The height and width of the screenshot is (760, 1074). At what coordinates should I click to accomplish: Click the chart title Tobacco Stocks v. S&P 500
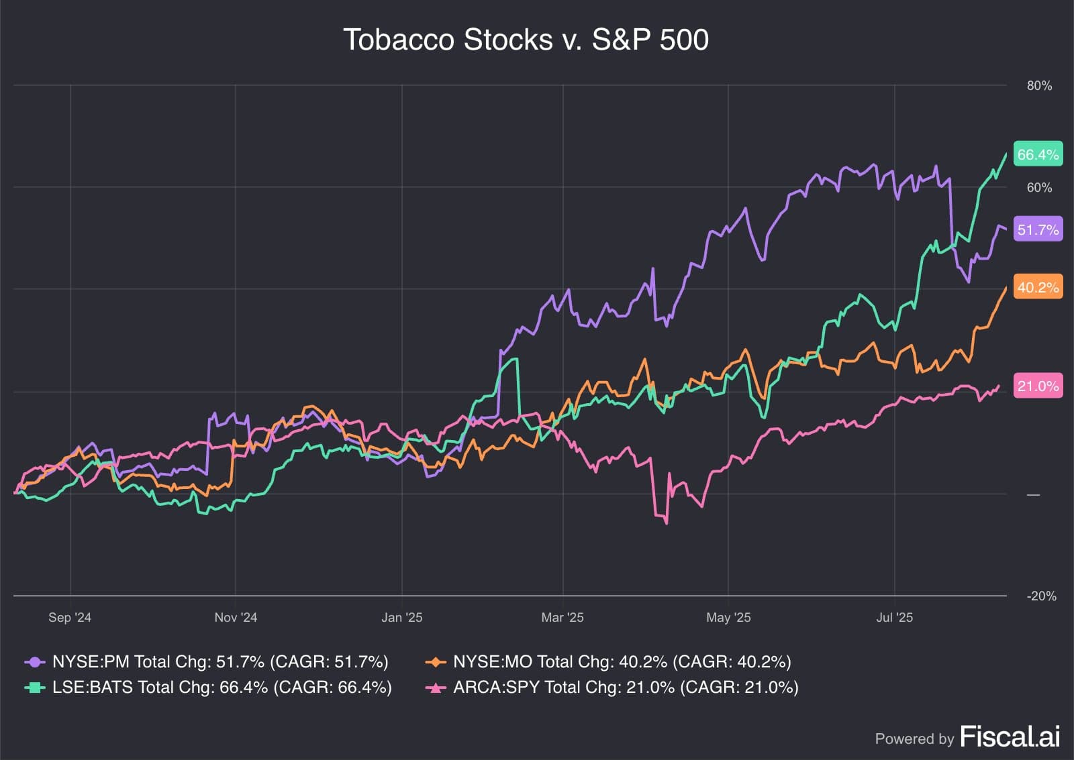pos(526,40)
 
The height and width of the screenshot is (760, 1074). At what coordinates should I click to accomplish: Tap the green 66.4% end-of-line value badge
pos(1038,154)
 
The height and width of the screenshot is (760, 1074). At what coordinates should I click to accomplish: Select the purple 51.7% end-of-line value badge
pos(1038,229)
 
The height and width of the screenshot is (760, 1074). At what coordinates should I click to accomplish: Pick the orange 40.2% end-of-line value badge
pos(1038,287)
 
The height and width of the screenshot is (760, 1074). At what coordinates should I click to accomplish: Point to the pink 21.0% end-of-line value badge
pos(1038,386)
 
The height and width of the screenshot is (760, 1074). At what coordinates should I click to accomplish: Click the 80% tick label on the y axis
pos(1039,86)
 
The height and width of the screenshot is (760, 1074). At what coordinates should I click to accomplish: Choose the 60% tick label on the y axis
pos(1039,188)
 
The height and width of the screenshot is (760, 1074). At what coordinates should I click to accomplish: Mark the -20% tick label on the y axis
pos(1041,596)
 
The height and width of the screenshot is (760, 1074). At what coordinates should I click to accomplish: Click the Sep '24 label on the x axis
pos(70,617)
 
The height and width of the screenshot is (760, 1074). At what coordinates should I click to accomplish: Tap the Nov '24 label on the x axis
pos(236,617)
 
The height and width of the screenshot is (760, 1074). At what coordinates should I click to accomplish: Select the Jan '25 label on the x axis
pos(402,617)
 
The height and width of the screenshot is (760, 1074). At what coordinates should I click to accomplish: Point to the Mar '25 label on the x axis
pos(563,617)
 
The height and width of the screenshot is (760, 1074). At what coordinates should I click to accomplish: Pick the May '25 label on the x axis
pos(728,617)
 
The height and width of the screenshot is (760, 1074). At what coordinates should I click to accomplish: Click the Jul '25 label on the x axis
pos(894,617)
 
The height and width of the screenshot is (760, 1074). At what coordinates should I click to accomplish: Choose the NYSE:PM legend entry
pos(207,662)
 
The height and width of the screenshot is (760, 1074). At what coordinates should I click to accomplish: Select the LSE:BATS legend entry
pos(208,688)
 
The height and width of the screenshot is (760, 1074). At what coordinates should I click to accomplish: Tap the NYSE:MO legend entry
pos(608,662)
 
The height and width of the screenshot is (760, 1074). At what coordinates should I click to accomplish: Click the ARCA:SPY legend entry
pos(612,688)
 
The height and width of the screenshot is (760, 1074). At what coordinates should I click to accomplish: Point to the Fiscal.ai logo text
pos(1010,737)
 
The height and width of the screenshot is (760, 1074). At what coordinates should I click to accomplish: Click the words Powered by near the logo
pos(914,739)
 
